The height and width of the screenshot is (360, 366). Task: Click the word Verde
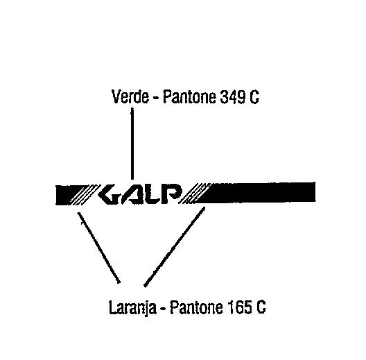pyautogui.click(x=130, y=96)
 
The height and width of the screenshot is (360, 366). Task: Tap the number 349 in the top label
pyautogui.click(x=233, y=96)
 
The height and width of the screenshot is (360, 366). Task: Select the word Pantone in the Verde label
pyautogui.click(x=189, y=96)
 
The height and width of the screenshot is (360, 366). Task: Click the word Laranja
pyautogui.click(x=132, y=307)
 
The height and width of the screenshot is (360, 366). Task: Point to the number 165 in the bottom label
pyautogui.click(x=239, y=307)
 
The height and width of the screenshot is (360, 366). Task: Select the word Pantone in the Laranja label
pyautogui.click(x=196, y=307)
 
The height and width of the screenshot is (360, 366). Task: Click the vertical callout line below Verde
pyautogui.click(x=132, y=144)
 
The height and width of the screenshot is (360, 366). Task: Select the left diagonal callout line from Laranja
pyautogui.click(x=98, y=248)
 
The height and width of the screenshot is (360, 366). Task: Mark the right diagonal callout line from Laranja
pyautogui.click(x=175, y=247)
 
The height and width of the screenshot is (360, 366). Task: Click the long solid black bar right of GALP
pyautogui.click(x=256, y=192)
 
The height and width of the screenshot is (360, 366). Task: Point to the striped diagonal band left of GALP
pyautogui.click(x=85, y=194)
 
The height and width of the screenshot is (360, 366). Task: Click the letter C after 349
pyautogui.click(x=254, y=97)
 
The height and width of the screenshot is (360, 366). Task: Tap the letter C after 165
pyautogui.click(x=261, y=307)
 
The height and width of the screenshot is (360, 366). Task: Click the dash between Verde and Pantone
pyautogui.click(x=156, y=98)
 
